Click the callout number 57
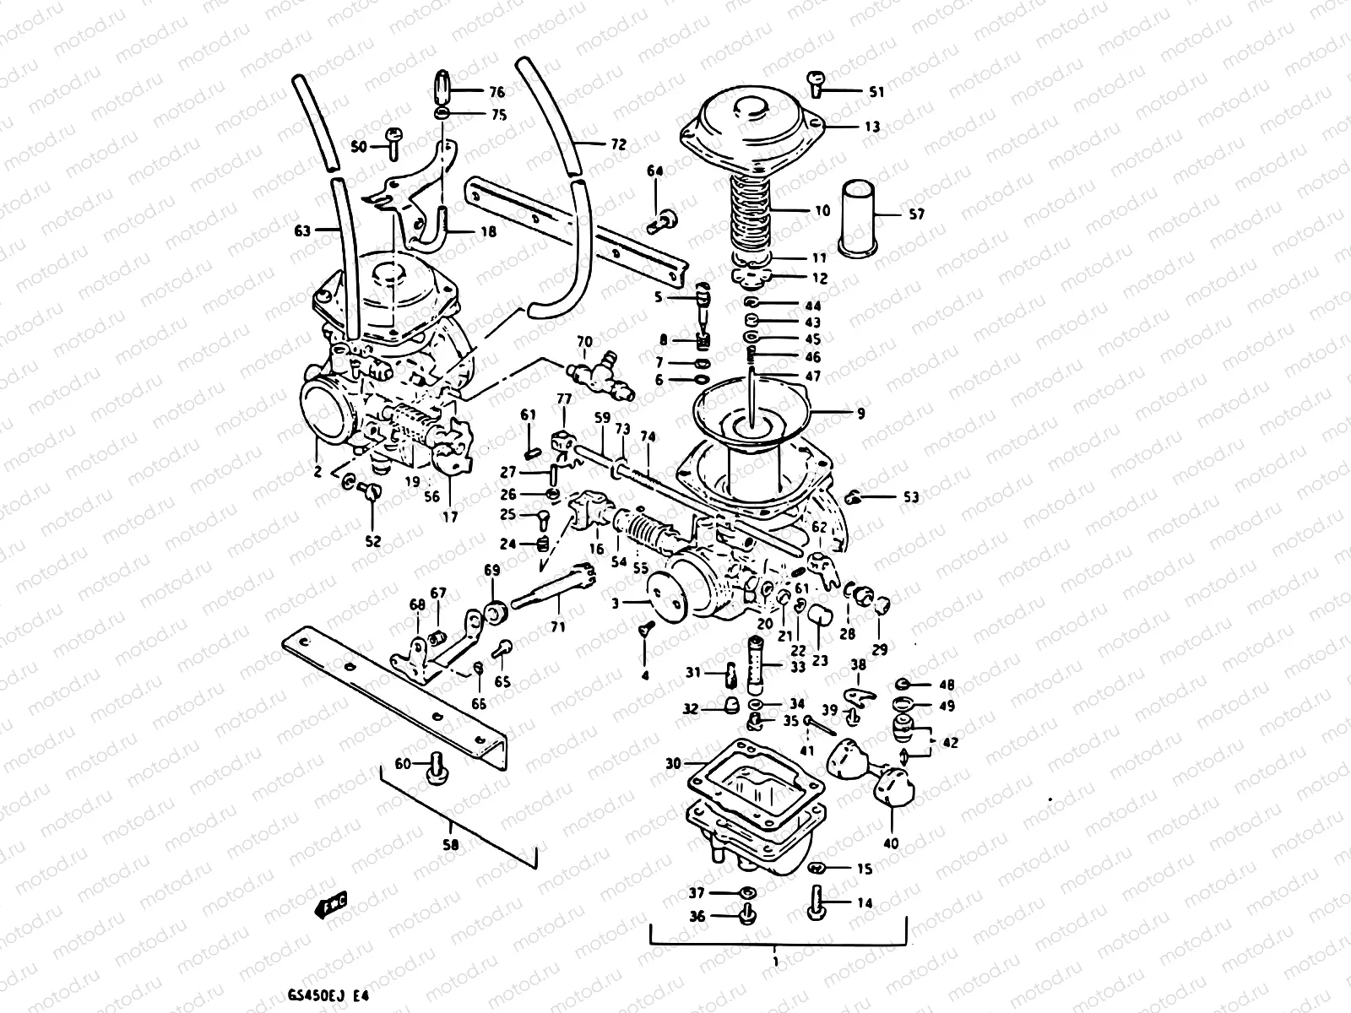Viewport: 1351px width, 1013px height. tap(916, 214)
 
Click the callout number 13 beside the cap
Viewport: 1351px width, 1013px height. tap(871, 127)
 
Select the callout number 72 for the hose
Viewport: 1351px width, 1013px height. tap(618, 145)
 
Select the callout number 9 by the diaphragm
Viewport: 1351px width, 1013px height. tap(860, 414)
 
